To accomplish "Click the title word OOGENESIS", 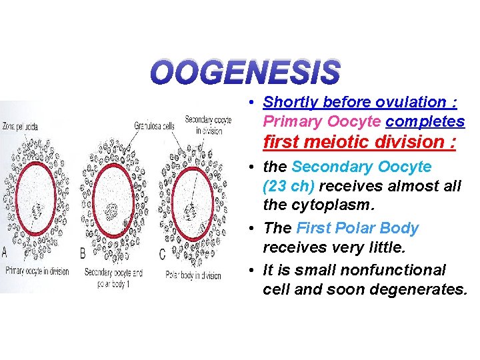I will point(245,73).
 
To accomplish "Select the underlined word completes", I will point(425,122).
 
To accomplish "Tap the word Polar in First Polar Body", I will point(353,228).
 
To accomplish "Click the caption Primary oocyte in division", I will point(39,271).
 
